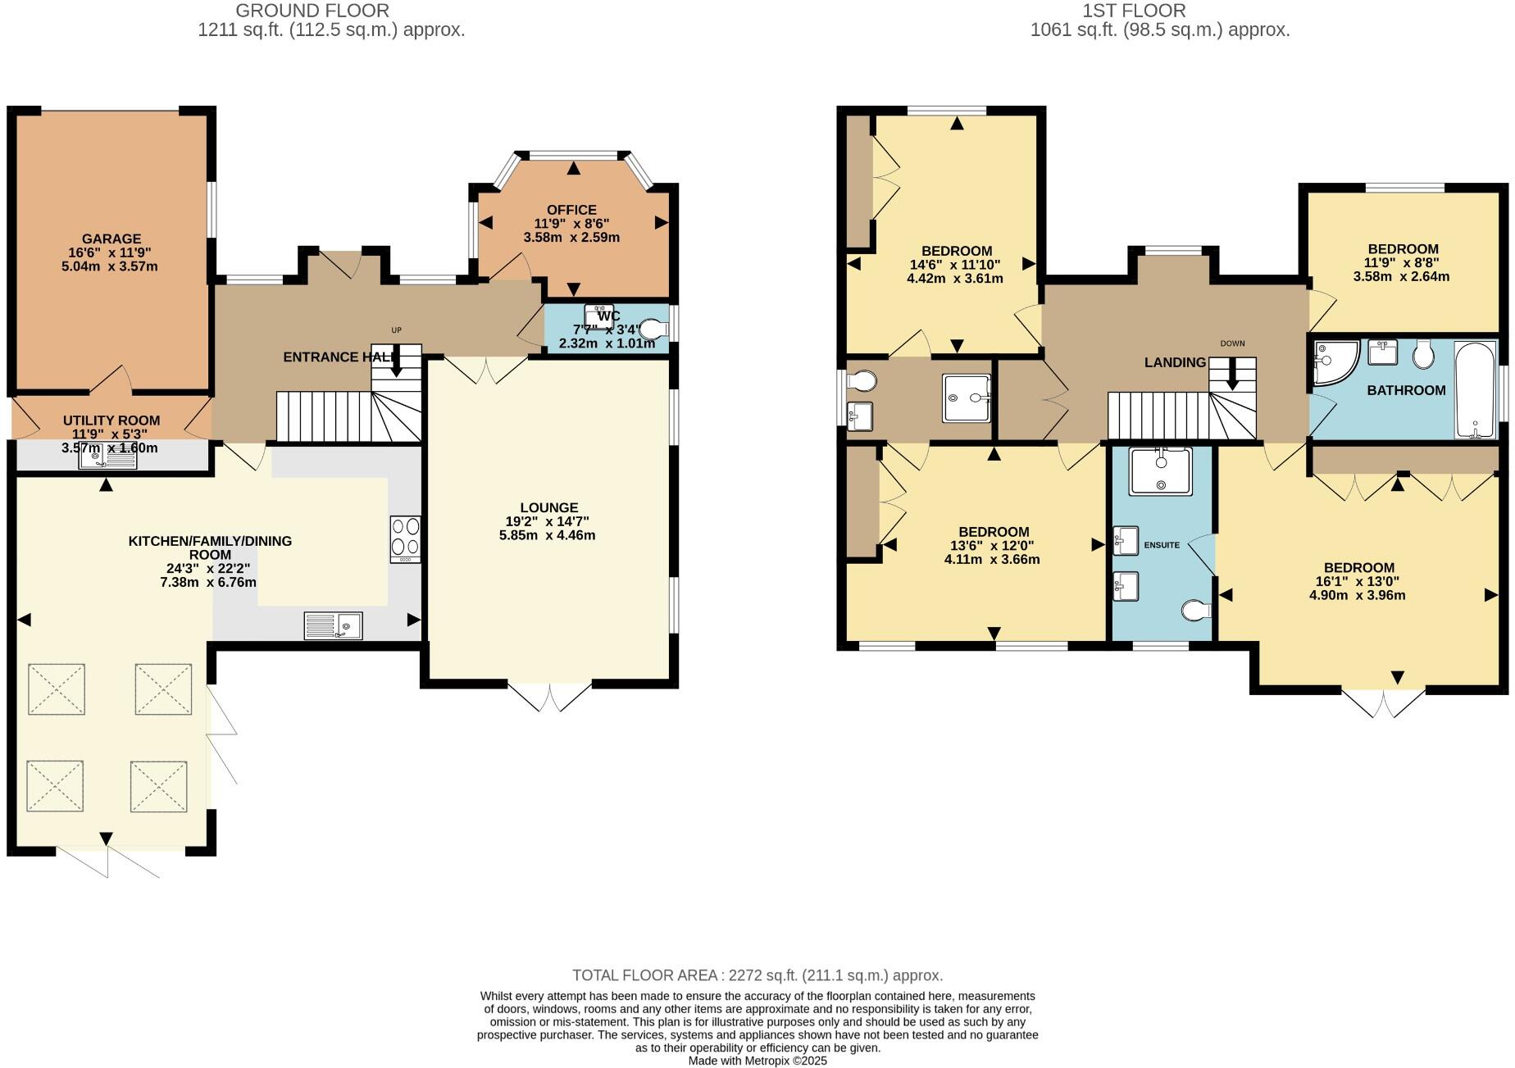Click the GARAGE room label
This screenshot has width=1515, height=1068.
tap(111, 239)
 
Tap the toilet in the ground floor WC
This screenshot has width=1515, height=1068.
tap(653, 329)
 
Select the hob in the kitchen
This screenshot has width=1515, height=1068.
tap(406, 539)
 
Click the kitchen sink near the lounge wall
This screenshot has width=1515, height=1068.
tap(333, 626)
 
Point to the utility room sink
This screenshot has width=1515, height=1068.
tap(107, 459)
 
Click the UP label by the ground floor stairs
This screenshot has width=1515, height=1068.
tap(396, 330)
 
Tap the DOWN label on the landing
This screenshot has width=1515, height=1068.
tap(1232, 343)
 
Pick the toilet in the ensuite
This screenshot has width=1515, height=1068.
tap(1198, 611)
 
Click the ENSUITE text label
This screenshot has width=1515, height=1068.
tap(1161, 545)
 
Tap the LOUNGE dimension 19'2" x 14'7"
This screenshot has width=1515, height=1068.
tap(547, 521)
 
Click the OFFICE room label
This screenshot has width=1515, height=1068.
tap(571, 210)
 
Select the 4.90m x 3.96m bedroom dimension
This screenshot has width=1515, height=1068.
tap(1357, 595)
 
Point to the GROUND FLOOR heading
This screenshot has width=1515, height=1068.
tap(312, 11)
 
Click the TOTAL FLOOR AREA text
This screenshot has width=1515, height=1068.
tap(757, 975)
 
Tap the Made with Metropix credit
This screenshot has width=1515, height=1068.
tap(757, 1061)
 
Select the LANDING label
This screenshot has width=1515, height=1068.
tap(1175, 362)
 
